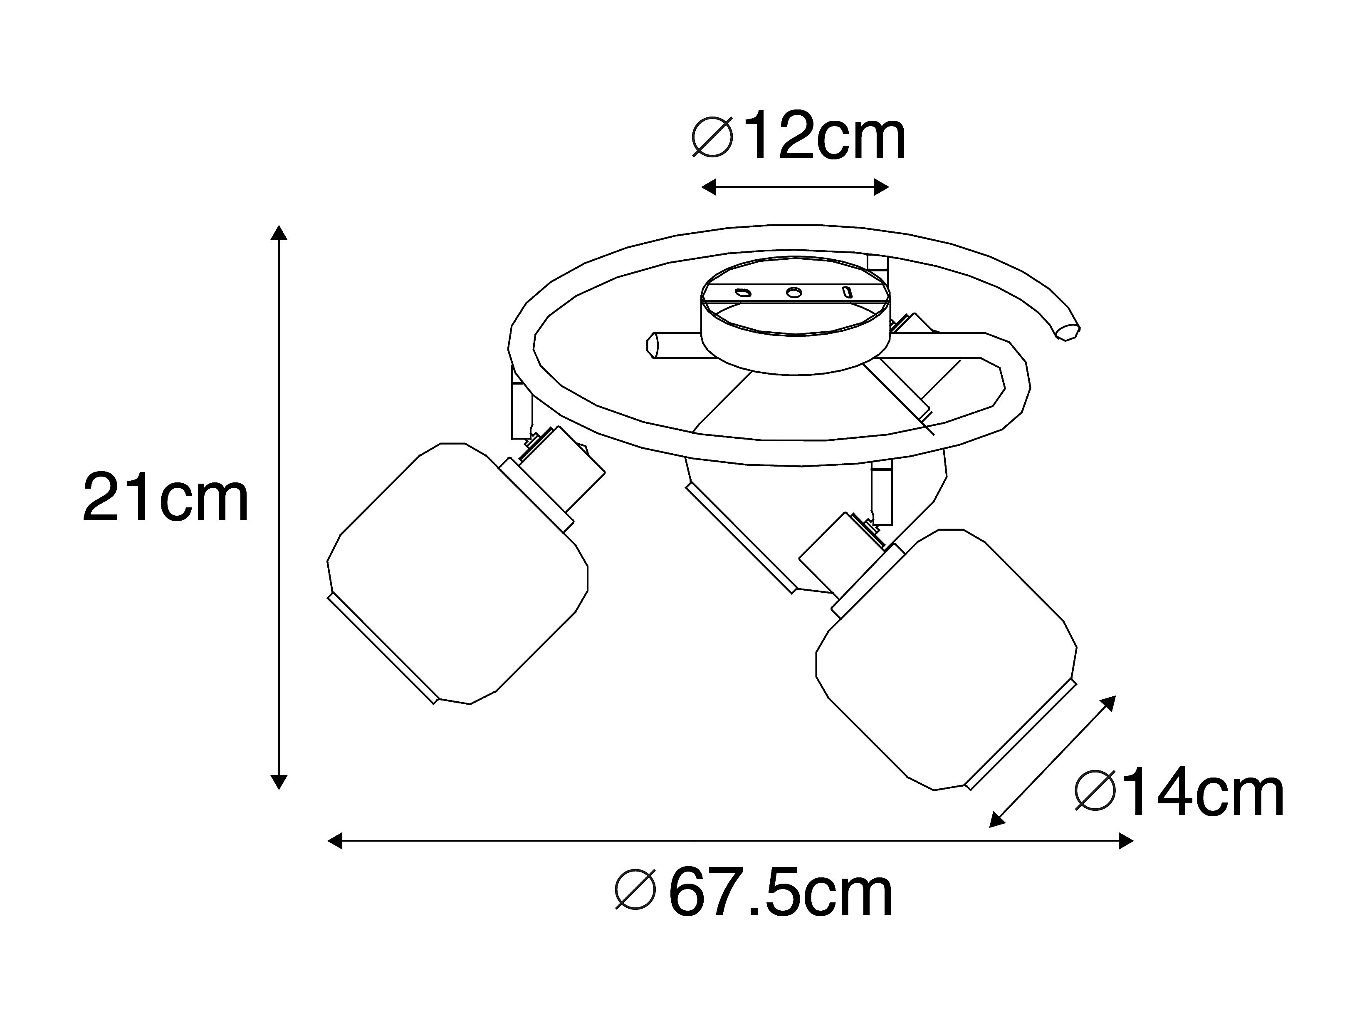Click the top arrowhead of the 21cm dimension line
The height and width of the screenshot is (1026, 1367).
coord(279,233)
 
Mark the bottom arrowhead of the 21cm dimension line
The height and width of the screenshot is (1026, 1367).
coord(279,781)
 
